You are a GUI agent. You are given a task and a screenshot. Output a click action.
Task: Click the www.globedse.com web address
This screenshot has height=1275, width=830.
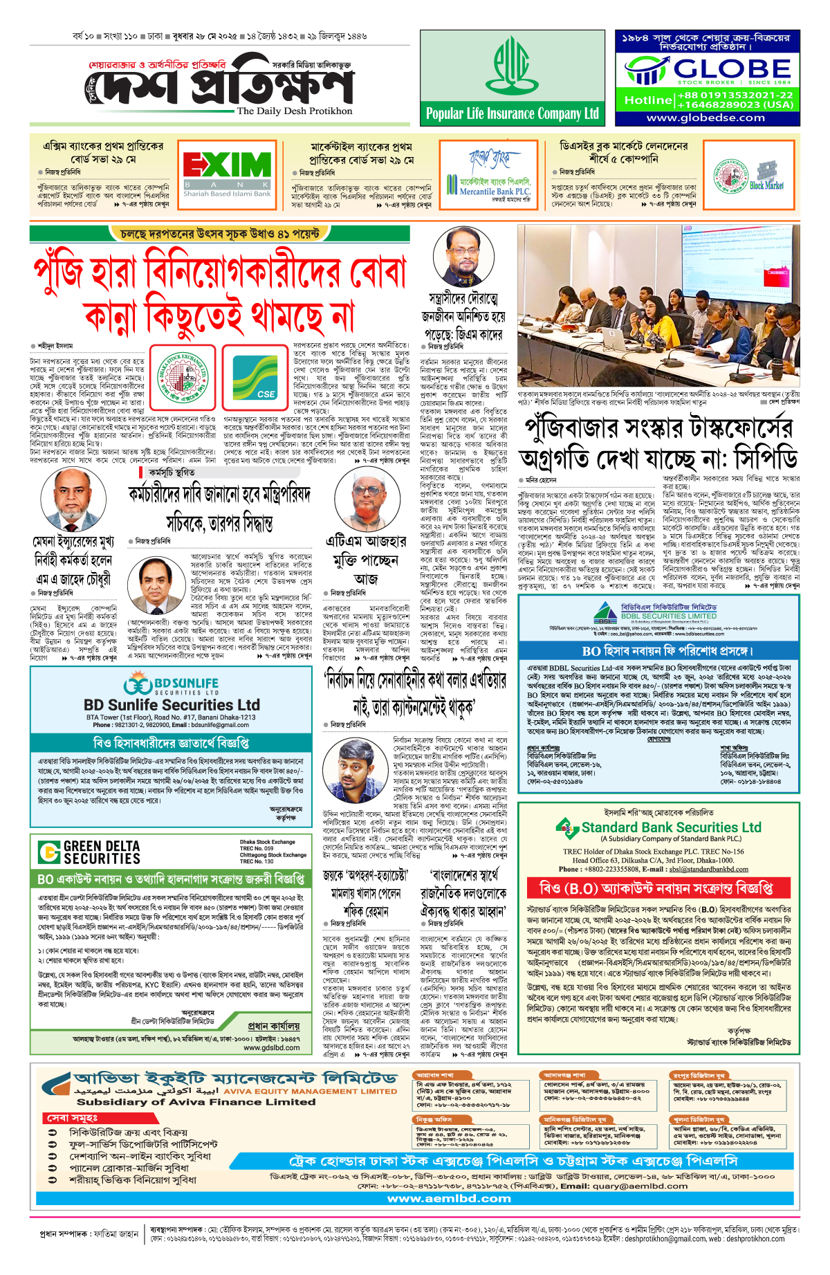point(705,118)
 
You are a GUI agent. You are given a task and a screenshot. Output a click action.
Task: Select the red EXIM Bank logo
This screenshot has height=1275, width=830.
point(227,165)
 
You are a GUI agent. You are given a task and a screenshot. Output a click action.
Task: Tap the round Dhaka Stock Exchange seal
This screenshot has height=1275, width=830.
point(183,377)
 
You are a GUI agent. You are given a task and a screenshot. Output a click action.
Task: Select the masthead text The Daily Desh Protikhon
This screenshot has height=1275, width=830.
point(294,111)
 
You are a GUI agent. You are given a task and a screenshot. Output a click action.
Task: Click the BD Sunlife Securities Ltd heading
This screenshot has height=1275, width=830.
point(172,705)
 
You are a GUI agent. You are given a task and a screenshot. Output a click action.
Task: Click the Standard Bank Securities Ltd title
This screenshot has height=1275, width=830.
point(670,827)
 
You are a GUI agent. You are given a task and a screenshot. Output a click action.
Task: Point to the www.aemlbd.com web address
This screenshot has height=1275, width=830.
point(449,1198)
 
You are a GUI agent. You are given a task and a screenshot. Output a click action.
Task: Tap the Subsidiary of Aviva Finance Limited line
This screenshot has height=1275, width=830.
point(196,1102)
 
